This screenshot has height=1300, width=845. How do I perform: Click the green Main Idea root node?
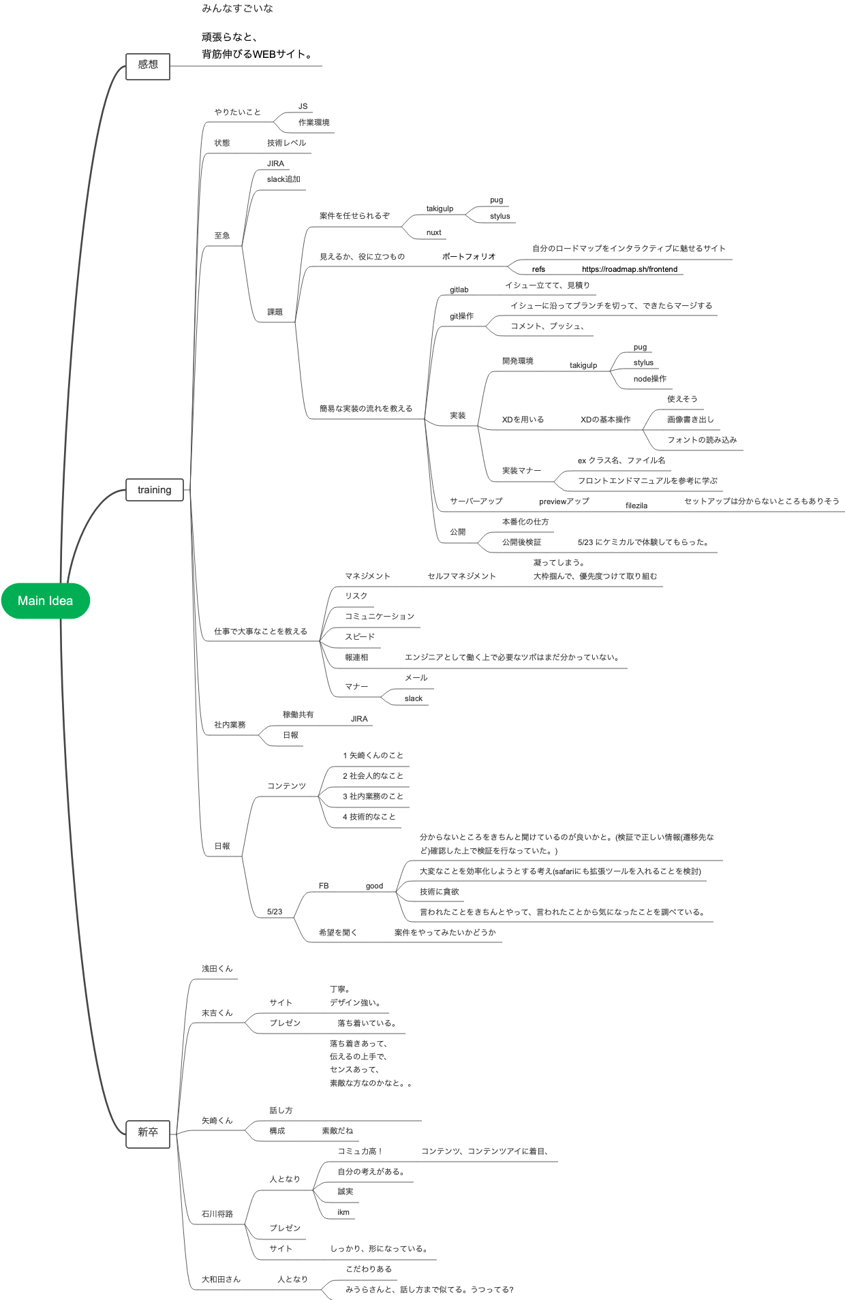45,600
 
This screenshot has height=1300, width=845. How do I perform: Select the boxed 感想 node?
148,65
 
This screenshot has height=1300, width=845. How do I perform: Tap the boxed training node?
155,489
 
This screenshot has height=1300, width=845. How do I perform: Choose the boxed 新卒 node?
148,1132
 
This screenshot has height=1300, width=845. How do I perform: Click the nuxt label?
433,232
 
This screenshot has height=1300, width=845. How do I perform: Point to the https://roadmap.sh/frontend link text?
629,269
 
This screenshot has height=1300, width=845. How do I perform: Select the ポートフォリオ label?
469,256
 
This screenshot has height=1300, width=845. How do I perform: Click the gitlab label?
459,290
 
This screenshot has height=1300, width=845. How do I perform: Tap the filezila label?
636,506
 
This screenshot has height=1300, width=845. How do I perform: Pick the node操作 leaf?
649,379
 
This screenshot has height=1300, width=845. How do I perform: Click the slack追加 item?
283,179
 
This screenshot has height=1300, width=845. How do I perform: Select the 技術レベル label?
286,143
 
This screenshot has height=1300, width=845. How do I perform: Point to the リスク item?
356,595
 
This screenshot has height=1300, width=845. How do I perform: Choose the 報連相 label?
356,657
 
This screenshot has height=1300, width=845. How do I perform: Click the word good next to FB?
374,886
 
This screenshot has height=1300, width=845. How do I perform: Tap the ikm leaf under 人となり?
343,1212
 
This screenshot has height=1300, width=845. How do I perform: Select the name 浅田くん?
217,969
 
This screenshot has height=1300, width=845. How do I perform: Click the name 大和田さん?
221,1280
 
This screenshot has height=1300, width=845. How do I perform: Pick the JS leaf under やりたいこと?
303,106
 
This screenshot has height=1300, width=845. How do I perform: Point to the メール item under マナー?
416,678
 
